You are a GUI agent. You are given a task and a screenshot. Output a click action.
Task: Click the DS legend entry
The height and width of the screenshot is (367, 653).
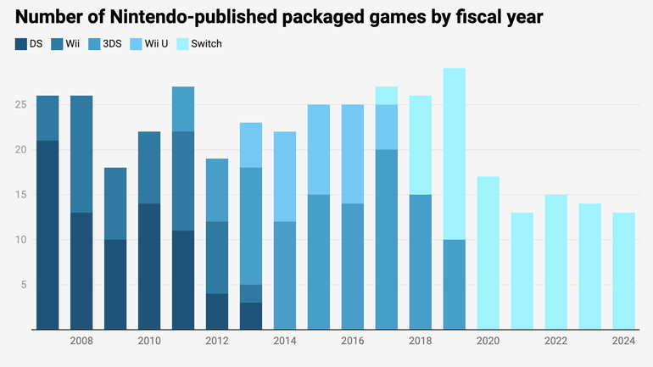point(29,43)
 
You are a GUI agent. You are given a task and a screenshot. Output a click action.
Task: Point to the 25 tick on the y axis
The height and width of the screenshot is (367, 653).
point(20,105)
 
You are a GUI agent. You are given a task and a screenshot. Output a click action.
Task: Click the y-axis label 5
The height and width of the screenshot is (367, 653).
point(23,285)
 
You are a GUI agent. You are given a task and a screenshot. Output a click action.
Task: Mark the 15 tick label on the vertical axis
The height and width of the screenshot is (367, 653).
point(20,195)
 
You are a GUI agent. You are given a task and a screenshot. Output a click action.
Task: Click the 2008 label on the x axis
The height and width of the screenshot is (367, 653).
point(81,341)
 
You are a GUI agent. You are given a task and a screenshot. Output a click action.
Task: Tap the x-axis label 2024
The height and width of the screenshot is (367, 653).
point(624,341)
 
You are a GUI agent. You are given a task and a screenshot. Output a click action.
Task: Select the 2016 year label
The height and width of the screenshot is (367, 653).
point(353,341)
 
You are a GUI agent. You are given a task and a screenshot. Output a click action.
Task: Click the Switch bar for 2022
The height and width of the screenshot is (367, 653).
point(556,262)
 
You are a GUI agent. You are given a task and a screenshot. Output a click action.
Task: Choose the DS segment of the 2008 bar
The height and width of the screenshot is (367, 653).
point(81,270)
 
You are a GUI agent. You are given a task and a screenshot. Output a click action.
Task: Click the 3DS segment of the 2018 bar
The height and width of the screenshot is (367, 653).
point(421,262)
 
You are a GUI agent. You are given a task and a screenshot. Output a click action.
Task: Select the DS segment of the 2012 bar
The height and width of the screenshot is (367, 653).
point(217,311)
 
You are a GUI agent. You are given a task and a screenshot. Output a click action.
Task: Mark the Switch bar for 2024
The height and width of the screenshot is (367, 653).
point(624,270)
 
